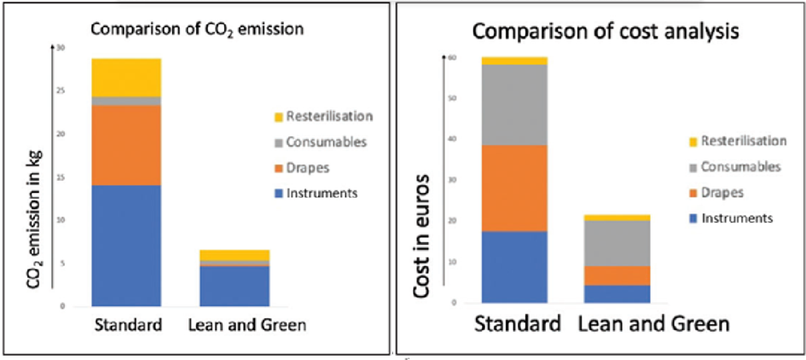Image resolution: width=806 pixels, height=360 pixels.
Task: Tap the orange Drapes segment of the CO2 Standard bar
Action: tap(127, 145)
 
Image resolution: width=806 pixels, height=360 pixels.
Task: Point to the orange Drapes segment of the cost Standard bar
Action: tap(514, 188)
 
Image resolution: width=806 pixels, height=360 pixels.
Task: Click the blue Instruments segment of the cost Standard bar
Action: tap(514, 266)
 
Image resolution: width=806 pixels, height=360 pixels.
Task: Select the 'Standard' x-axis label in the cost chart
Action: tap(515, 325)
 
